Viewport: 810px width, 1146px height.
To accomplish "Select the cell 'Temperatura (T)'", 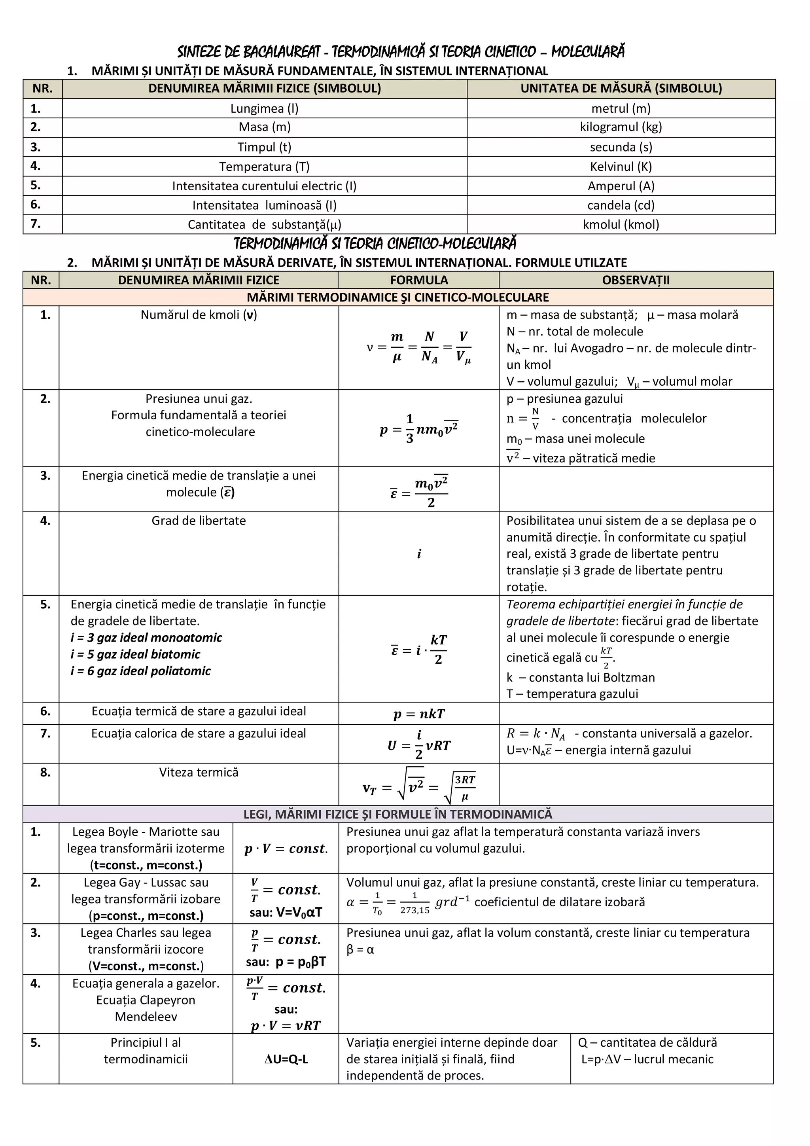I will tap(264, 166).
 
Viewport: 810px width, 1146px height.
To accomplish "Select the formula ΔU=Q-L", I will tap(286, 1059).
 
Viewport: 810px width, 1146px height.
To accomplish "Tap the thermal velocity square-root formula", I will tap(419, 788).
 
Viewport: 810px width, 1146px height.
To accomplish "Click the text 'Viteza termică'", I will tap(199, 772).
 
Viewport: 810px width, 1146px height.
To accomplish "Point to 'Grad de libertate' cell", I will tap(199, 521).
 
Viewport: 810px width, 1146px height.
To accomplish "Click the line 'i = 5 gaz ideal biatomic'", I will tap(135, 654).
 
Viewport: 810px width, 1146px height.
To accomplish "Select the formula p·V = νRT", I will tap(286, 1026).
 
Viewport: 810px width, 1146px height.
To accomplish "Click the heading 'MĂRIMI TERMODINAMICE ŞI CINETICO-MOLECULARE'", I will tap(398, 297).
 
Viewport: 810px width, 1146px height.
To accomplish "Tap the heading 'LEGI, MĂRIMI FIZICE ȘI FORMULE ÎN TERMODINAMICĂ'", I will tap(398, 814).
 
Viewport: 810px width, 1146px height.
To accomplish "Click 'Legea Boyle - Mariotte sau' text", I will tap(146, 832).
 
